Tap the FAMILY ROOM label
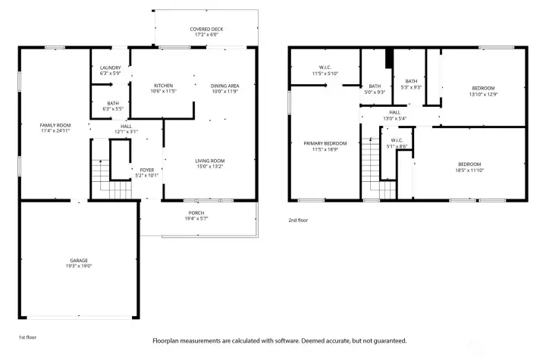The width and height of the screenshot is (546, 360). (55, 125)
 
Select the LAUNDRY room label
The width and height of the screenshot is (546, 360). (111, 68)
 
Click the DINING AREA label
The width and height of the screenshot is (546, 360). (224, 86)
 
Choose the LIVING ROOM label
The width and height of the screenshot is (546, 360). (210, 161)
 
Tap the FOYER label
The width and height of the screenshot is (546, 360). (146, 170)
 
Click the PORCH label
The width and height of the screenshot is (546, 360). (196, 213)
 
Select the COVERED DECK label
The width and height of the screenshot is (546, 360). (206, 30)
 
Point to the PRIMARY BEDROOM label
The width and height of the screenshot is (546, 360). (325, 143)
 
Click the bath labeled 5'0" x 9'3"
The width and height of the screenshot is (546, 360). (375, 91)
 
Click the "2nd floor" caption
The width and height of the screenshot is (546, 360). (298, 220)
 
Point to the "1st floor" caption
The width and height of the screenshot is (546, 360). (27, 336)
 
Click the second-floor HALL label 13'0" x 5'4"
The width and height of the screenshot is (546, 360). (394, 118)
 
